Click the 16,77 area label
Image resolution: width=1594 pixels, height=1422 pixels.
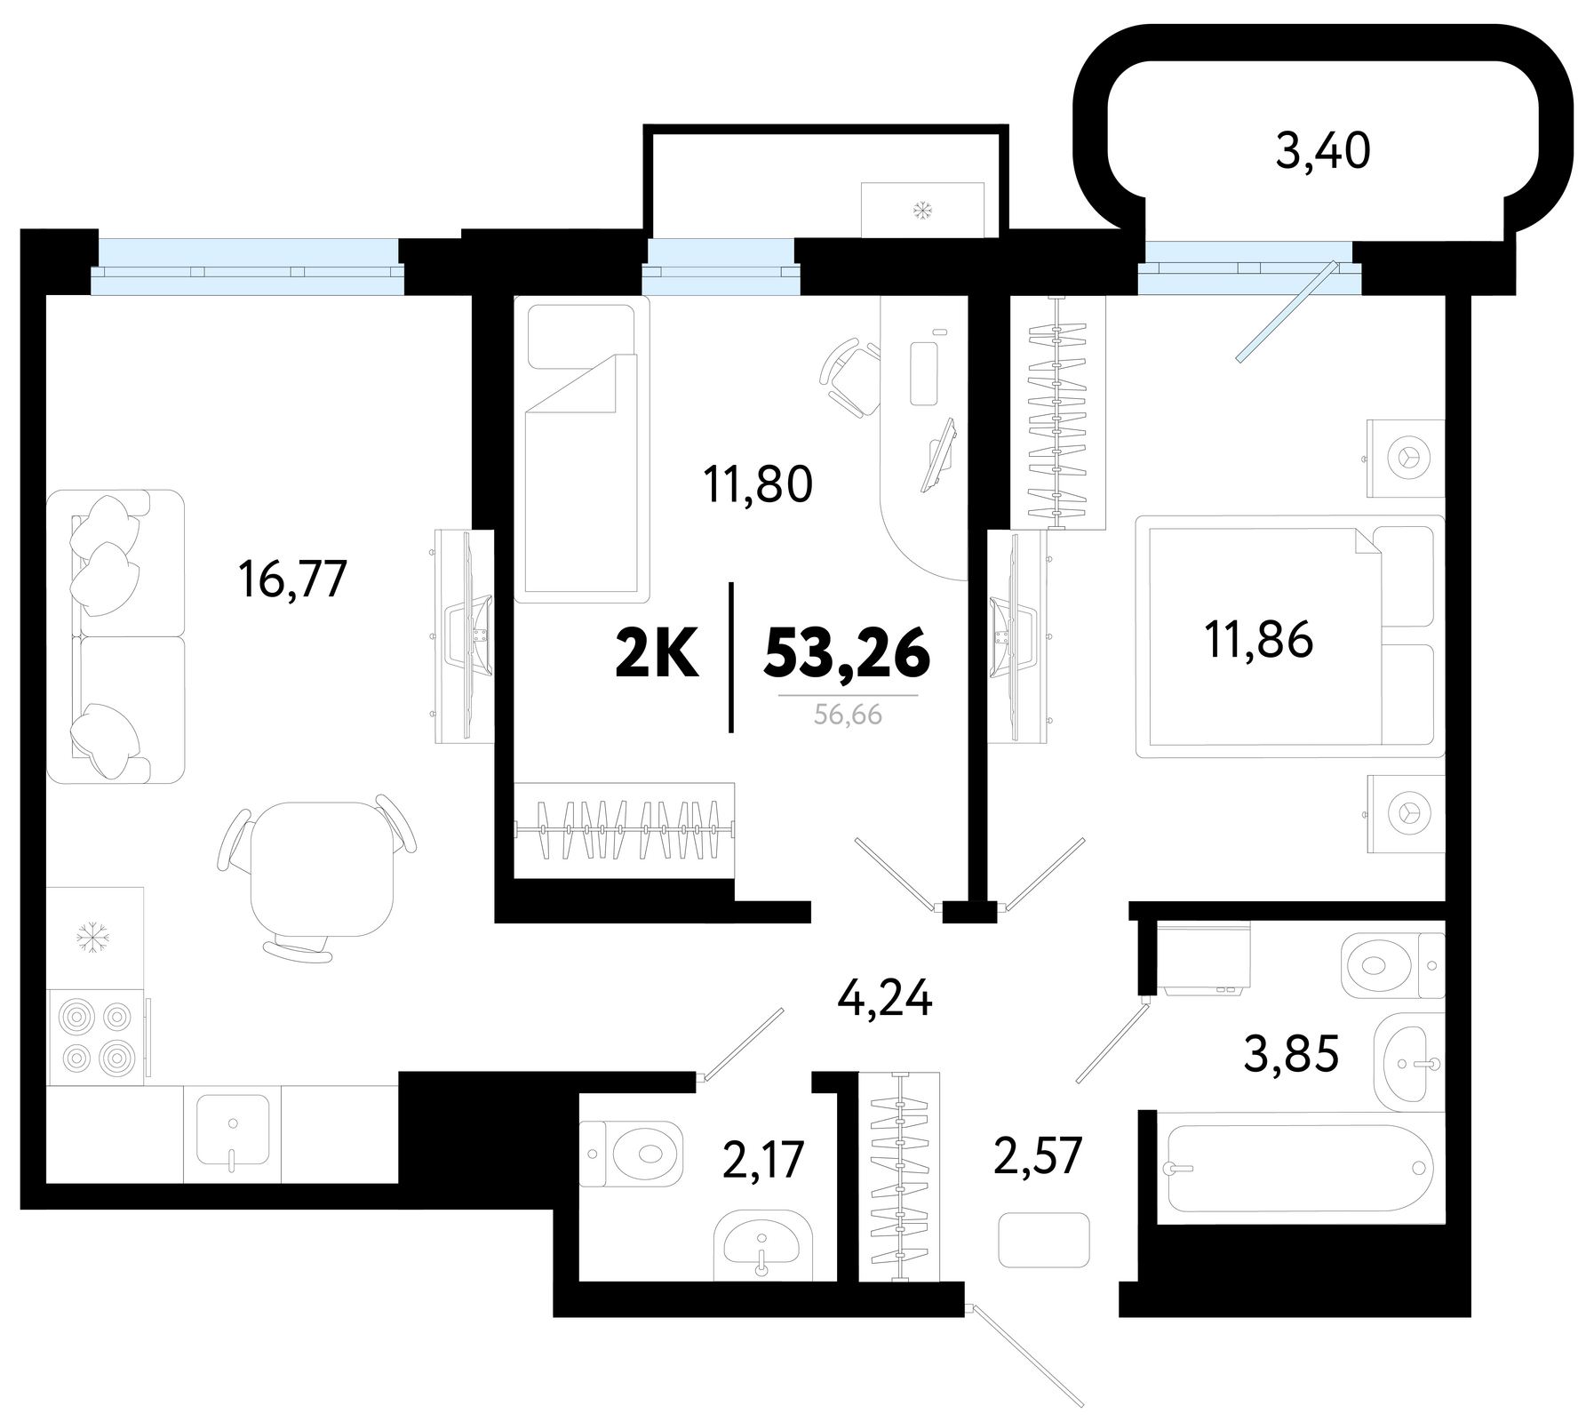click(291, 579)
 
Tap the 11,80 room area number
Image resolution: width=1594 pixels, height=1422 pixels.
click(758, 485)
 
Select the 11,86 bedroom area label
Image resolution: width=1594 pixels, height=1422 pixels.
click(1258, 640)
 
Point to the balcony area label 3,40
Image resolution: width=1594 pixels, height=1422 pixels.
click(1323, 150)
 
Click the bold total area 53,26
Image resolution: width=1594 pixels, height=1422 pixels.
click(847, 653)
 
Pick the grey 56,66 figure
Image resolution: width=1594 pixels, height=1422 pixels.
click(849, 714)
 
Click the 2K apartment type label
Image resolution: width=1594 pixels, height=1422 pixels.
click(657, 653)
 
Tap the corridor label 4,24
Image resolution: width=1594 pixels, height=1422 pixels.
click(885, 999)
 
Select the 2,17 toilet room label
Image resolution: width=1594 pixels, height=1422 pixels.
click(763, 1160)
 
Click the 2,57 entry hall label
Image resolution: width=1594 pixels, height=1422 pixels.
click(1037, 1155)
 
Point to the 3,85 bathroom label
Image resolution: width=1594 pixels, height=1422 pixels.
click(1291, 1055)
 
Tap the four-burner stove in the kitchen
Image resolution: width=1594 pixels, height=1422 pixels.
click(95, 1037)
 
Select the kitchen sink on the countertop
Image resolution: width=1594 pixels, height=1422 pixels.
click(233, 1130)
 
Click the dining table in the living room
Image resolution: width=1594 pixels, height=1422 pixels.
click(322, 868)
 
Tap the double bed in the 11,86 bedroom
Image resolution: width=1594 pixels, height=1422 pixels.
click(1290, 636)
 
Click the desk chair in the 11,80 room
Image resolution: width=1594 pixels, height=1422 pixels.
click(849, 376)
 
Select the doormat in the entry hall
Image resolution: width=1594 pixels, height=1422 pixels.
click(1044, 1240)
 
